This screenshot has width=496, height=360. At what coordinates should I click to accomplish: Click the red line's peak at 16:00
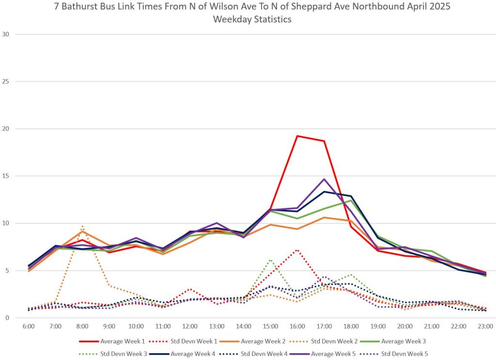point(297,136)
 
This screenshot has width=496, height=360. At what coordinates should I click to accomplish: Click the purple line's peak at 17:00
point(324,179)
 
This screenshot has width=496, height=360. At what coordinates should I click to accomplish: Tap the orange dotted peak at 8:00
point(82,226)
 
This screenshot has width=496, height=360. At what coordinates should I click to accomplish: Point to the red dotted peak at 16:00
point(297,250)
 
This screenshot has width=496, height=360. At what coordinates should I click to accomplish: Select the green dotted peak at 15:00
point(270,260)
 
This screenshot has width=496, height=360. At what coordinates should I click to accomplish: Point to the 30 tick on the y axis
point(6,34)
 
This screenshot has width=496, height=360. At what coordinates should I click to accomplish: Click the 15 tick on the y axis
point(6,176)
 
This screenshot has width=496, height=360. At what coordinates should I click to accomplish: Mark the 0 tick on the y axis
point(8,318)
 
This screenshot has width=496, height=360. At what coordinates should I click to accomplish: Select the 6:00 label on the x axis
point(29,327)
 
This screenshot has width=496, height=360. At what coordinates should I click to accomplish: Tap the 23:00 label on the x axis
point(485,327)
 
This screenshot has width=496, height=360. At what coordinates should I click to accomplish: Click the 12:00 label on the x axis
point(190,327)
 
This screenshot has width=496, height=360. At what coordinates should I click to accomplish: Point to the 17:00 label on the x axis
point(324,327)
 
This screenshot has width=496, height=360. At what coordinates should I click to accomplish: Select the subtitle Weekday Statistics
point(252,20)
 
